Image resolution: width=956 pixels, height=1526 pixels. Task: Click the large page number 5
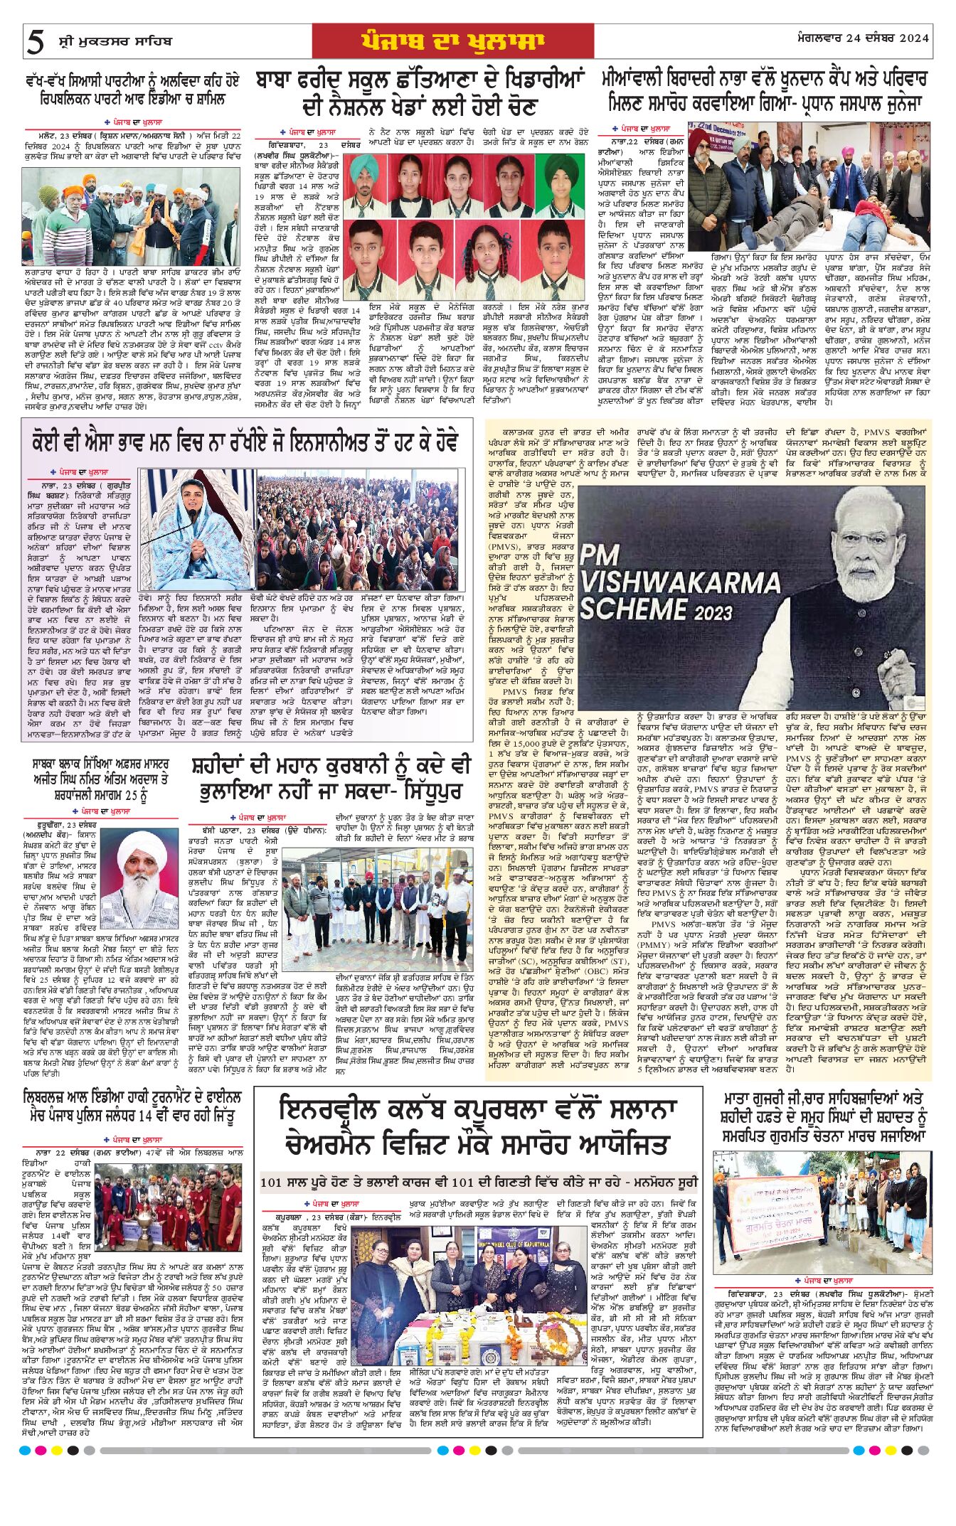(34, 43)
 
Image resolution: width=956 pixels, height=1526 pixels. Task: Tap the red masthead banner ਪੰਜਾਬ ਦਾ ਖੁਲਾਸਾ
(452, 42)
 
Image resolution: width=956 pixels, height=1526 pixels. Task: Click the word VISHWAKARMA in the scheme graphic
(679, 584)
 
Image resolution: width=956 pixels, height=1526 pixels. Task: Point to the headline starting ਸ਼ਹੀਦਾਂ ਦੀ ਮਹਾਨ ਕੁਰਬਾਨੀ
(331, 779)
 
